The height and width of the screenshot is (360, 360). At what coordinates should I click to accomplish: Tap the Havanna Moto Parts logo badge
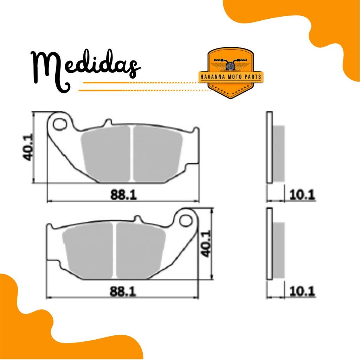(x=231, y=72)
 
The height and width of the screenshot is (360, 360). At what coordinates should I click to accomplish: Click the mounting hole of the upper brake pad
(x=59, y=124)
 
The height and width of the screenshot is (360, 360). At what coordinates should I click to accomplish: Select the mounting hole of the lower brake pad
(x=186, y=221)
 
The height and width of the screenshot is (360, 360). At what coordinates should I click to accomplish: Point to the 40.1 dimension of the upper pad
(x=28, y=147)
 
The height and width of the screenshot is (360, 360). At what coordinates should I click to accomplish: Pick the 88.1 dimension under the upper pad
(x=123, y=195)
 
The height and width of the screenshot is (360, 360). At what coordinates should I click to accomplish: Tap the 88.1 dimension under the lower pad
(x=123, y=291)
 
